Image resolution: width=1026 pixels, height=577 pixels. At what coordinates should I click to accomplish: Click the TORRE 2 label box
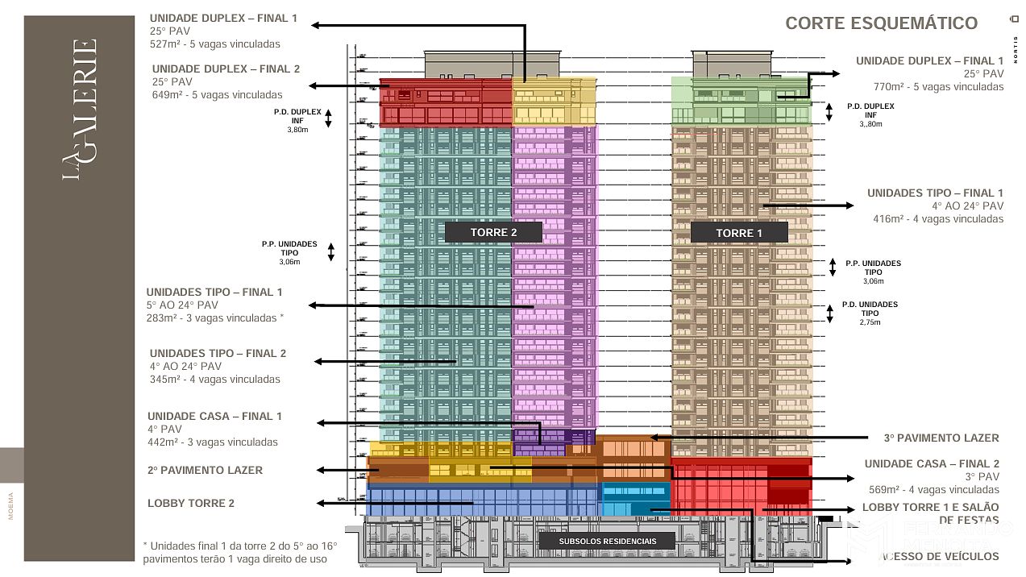(493, 232)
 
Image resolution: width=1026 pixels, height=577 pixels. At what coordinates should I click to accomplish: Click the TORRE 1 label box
(738, 233)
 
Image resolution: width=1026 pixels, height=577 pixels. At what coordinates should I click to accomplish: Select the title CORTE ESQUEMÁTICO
(881, 23)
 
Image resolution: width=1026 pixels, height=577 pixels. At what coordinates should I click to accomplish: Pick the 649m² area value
(168, 95)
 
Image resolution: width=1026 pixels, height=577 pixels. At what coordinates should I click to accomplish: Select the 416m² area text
(890, 219)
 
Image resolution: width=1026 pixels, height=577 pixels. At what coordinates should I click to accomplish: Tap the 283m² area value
(161, 318)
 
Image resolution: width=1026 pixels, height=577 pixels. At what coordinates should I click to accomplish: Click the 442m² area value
(164, 442)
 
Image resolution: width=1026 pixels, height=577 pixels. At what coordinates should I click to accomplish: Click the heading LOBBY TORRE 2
(191, 504)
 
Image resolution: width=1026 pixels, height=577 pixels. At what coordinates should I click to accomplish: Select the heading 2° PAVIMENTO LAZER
(205, 470)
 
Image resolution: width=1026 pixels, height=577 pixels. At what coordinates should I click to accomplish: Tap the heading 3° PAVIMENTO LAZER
(941, 438)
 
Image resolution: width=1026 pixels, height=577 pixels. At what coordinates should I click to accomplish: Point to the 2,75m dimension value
(870, 322)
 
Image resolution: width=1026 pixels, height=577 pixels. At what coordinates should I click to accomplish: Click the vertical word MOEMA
(11, 505)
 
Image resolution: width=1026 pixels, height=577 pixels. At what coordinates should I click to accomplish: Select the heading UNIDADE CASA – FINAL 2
(932, 464)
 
